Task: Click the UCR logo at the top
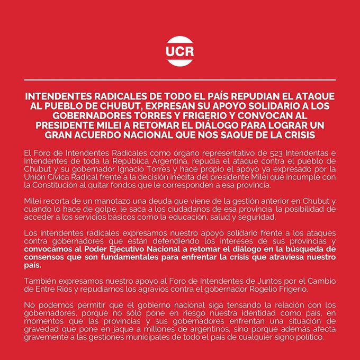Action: click(x=180, y=51)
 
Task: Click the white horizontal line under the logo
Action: click(x=180, y=79)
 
